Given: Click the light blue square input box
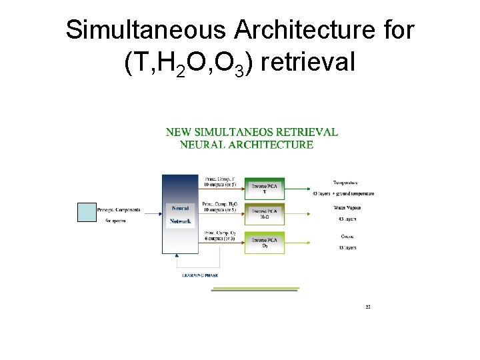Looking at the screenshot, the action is click(x=87, y=212).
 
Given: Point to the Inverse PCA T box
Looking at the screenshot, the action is click(x=264, y=187).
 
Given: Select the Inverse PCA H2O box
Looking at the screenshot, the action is click(x=264, y=213).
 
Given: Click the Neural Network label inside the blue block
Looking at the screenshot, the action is click(x=180, y=214).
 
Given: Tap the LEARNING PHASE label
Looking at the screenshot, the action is click(x=200, y=275).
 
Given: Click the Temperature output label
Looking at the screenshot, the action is click(x=345, y=182).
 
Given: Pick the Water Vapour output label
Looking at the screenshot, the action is click(x=347, y=208).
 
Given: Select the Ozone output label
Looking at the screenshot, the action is click(x=347, y=236).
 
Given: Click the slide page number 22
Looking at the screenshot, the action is click(x=368, y=307).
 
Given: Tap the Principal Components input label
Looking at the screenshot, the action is click(x=118, y=209).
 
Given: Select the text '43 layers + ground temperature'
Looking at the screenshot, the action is click(x=343, y=194).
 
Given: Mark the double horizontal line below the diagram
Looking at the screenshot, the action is click(x=255, y=289).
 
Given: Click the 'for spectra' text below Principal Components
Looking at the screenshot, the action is click(x=116, y=220).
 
